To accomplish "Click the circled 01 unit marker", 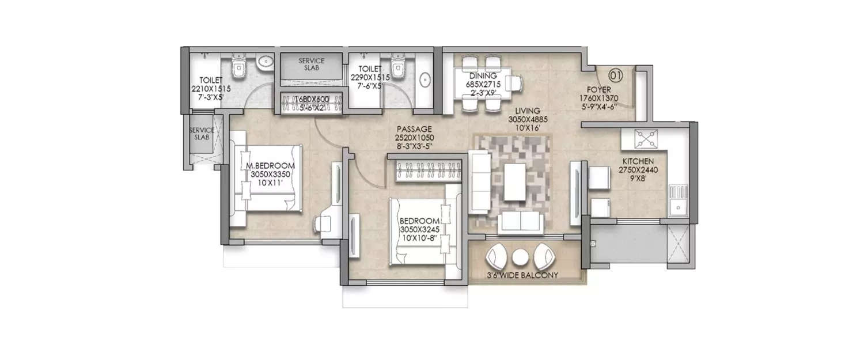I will pyautogui.click(x=616, y=74).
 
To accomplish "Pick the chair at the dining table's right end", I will pyautogui.click(x=516, y=84).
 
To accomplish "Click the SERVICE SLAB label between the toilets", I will pyautogui.click(x=311, y=65).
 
